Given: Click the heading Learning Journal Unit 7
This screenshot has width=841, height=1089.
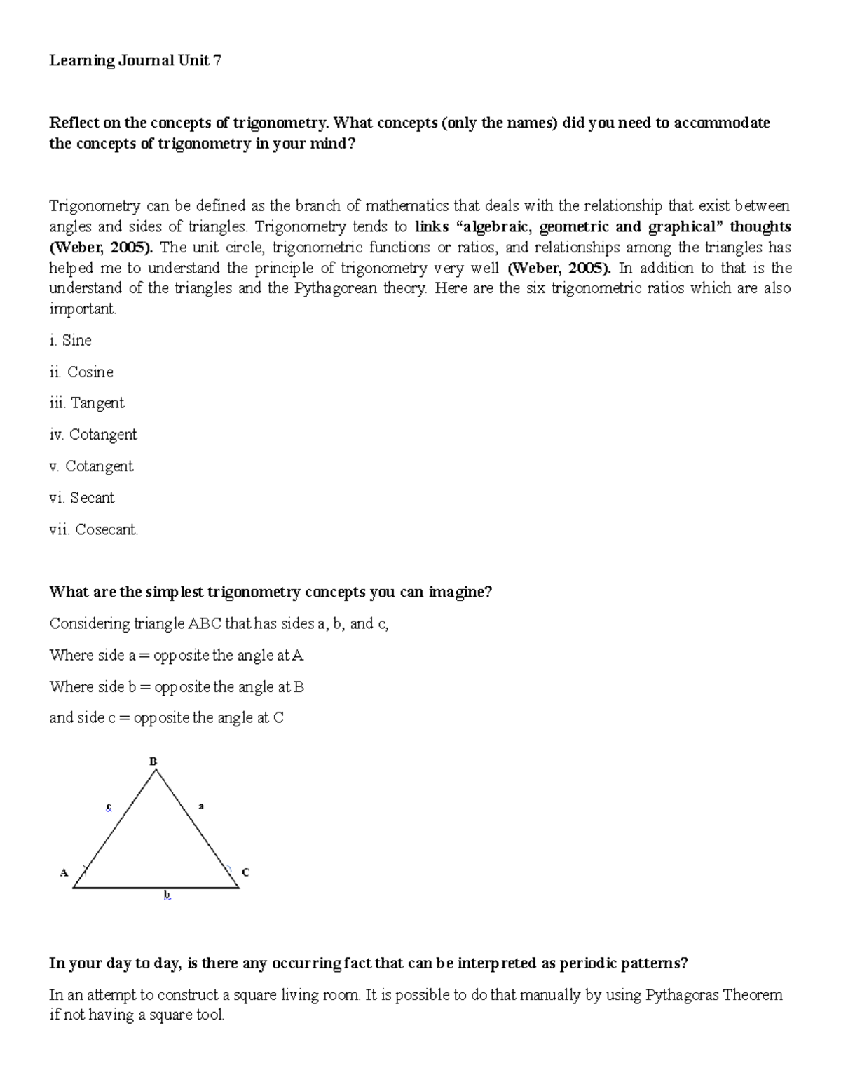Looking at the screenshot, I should pos(135,61).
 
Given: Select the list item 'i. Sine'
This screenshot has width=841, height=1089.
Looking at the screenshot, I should pos(70,341).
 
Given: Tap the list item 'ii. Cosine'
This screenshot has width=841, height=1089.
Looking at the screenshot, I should pos(81,372).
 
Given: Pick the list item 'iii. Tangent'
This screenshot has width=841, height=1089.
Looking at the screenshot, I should pos(86,403).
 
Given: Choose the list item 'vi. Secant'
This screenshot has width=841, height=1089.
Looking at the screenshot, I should pos(81,498).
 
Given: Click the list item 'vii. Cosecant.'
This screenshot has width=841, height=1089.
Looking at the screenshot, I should pos(94,529).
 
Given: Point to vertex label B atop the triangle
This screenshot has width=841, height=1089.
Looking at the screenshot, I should pos(153,762).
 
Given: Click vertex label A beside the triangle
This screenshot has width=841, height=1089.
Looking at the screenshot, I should pos(64,873).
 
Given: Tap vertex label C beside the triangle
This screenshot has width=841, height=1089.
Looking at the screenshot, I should pos(245,872).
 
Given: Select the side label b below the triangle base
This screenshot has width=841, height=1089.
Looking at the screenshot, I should pos(167,895).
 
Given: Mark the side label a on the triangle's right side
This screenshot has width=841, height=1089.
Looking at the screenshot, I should pos(201,806).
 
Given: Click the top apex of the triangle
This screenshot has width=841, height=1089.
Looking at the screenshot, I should pos(156,770).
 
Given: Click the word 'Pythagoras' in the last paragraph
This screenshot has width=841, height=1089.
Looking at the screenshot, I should pos(682,994).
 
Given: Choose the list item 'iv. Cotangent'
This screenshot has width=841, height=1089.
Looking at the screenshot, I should pos(93,435).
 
